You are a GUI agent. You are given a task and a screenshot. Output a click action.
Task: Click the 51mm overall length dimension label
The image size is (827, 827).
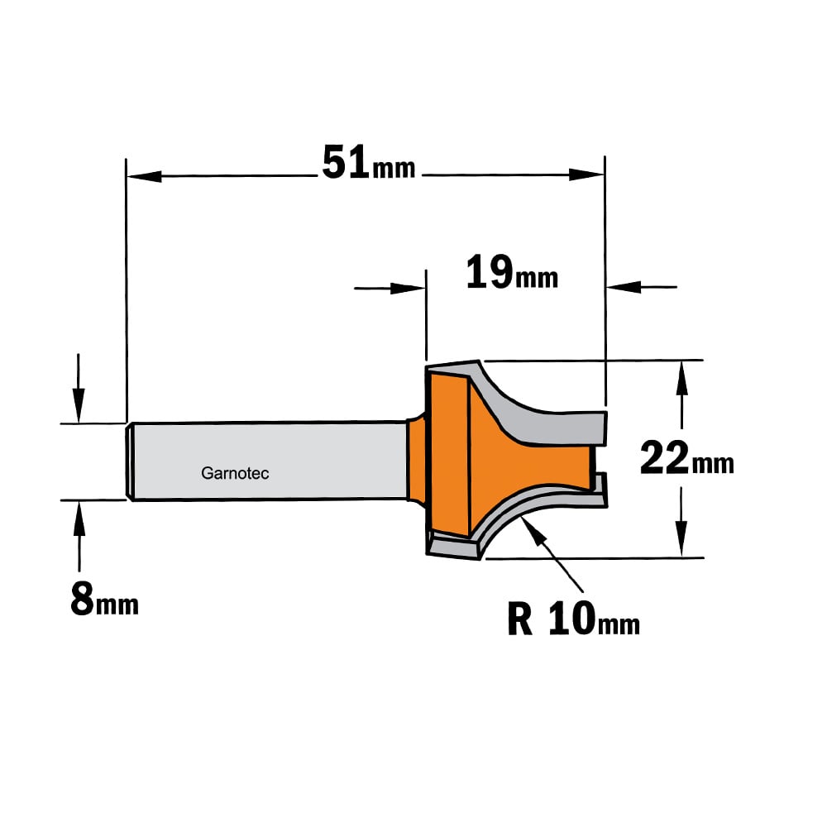(369, 163)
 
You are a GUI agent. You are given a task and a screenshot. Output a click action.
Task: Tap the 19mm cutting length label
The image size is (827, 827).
(512, 273)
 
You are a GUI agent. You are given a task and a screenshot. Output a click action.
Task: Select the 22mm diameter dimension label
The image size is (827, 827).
(686, 458)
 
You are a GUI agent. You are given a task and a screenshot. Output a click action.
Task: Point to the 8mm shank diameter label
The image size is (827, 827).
(104, 599)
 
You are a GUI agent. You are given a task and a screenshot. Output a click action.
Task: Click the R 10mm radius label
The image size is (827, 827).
(574, 619)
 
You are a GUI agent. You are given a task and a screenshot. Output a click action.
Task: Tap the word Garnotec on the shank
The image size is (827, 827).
(235, 473)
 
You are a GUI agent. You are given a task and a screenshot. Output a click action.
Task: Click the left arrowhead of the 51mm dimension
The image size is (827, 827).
(144, 176)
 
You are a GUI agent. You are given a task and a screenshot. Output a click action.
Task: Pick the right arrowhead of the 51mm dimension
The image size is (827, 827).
(586, 174)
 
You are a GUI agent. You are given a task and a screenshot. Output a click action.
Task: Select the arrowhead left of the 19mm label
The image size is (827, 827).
(408, 289)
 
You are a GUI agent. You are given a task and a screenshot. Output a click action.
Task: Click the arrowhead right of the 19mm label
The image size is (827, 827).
(624, 288)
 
